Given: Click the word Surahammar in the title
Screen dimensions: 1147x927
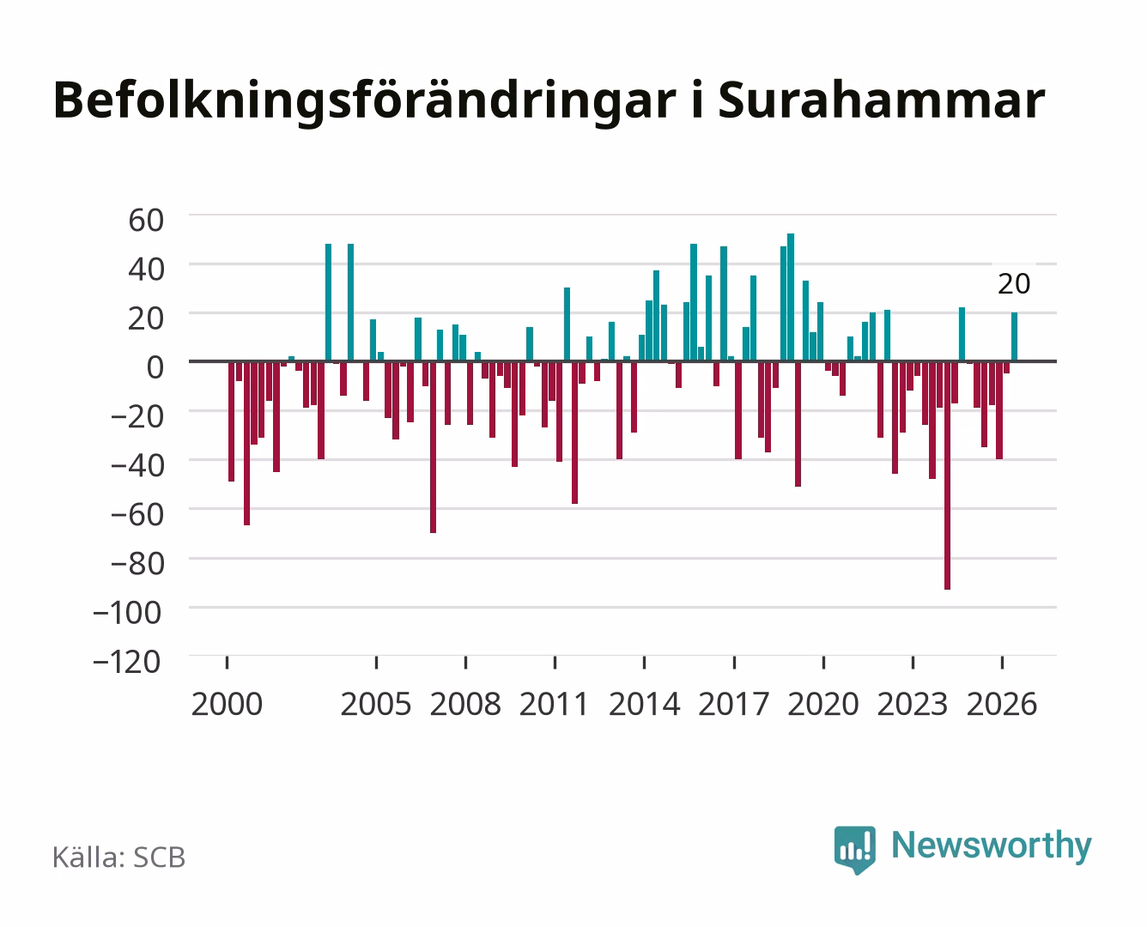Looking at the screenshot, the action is tap(882, 100).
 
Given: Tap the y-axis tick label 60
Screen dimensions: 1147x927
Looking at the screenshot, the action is tap(146, 221).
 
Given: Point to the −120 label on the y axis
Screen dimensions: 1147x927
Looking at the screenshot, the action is tap(127, 662).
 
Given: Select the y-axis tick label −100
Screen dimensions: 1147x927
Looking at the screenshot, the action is tap(127, 613).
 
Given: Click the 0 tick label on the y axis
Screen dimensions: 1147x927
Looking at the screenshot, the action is tap(155, 367).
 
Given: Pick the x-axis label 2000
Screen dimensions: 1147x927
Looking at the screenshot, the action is tap(227, 704).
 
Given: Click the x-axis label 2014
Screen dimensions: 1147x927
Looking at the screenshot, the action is tap(644, 704).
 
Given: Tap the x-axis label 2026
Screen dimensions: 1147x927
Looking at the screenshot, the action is tap(1002, 704).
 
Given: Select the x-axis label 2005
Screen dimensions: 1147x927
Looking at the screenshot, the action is tap(376, 704).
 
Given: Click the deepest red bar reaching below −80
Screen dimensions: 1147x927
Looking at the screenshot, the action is tap(947, 476).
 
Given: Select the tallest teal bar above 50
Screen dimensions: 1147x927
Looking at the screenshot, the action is tap(791, 297).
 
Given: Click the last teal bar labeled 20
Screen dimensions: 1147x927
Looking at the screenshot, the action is tap(1015, 336).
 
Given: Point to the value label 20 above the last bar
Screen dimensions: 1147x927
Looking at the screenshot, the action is tap(1014, 284).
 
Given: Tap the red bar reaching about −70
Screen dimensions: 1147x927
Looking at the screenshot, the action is tap(433, 447).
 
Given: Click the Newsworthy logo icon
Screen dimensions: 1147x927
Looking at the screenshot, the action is tap(854, 850).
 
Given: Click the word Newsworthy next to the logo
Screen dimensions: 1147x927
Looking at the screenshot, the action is tap(992, 845).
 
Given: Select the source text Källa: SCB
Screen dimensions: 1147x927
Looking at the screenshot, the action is tap(119, 857).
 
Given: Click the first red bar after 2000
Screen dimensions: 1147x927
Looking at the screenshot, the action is tap(232, 421).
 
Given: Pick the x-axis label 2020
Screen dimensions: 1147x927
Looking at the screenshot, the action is tap(822, 704).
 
